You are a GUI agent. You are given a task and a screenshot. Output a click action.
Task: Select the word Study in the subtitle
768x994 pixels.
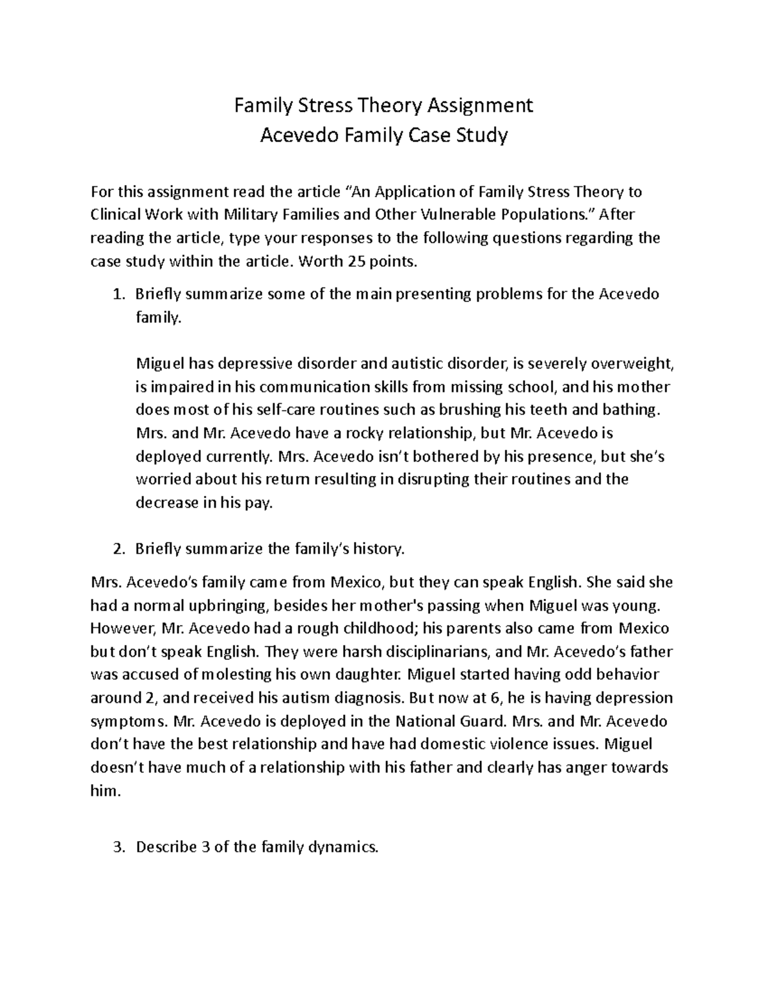coord(483,135)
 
